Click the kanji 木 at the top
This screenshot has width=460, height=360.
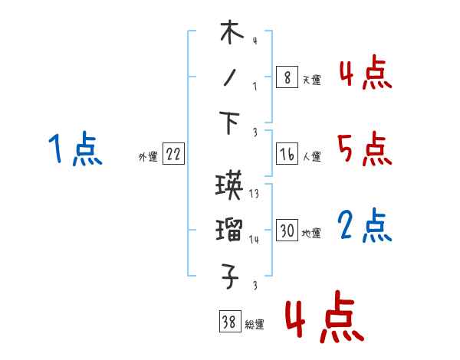(232, 34)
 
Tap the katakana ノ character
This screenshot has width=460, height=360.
(231, 80)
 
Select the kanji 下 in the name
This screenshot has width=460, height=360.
(232, 123)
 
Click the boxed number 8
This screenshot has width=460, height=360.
(286, 77)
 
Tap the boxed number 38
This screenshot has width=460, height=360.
(228, 322)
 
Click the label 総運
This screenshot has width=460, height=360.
(254, 325)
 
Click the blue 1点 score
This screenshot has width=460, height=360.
(74, 149)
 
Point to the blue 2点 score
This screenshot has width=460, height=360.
(364, 226)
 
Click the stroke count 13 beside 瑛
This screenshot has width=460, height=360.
(254, 195)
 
